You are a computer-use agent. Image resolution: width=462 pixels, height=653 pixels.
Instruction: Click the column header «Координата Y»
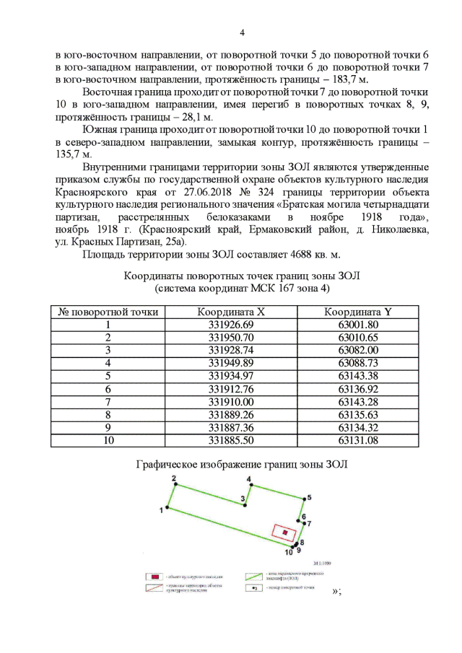(358, 312)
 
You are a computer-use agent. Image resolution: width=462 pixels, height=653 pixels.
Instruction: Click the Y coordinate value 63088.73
(358, 363)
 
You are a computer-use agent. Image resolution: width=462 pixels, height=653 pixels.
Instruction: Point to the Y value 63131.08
(358, 439)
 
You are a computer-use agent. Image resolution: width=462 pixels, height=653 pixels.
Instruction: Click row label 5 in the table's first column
(108, 376)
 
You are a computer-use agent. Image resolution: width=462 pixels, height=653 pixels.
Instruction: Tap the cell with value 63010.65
(358, 338)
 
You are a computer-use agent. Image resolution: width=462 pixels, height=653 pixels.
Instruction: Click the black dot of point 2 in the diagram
(175, 486)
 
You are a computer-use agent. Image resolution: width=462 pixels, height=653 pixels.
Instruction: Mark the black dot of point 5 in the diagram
(302, 498)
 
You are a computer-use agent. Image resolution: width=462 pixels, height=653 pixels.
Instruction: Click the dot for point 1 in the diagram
(167, 508)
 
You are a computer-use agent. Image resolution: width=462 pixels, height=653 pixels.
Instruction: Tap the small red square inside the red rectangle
(286, 533)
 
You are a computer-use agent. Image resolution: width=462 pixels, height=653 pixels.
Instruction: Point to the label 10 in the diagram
(288, 553)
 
